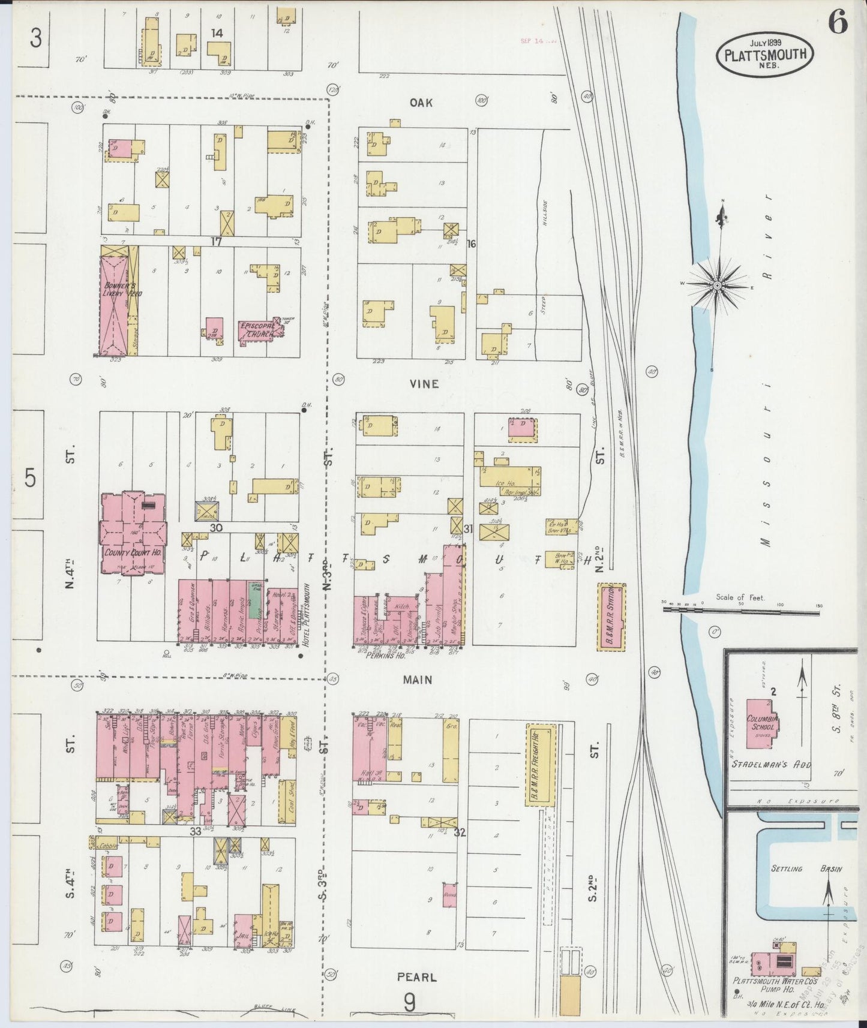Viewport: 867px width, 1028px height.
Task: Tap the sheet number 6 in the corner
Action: click(x=838, y=24)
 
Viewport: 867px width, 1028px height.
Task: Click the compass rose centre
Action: click(x=717, y=285)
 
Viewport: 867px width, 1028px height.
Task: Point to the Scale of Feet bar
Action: click(x=743, y=609)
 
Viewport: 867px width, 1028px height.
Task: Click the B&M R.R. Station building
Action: click(x=611, y=617)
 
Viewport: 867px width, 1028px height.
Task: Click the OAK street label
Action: click(x=421, y=103)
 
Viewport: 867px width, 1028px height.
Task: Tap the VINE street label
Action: click(x=424, y=384)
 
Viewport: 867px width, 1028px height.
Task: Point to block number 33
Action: click(x=196, y=832)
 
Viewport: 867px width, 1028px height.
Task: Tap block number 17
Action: click(x=216, y=241)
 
